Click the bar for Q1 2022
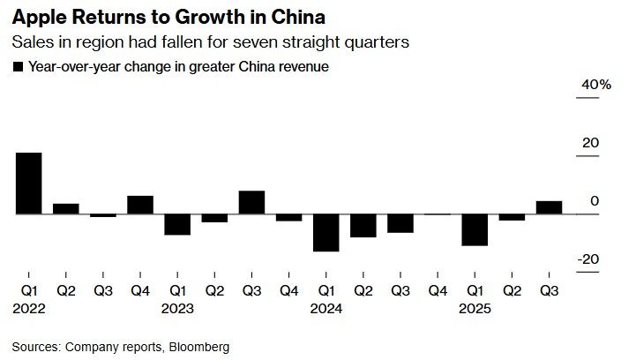(x=29, y=184)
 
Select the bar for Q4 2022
(x=140, y=205)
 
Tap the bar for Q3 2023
(x=251, y=202)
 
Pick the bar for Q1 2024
(x=326, y=233)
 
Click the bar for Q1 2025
(x=475, y=229)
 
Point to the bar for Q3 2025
(x=549, y=207)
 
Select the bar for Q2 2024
(x=363, y=226)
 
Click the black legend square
(x=18, y=66)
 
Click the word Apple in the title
(x=34, y=16)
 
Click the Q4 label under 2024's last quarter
(x=438, y=289)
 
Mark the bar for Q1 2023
(x=177, y=224)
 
